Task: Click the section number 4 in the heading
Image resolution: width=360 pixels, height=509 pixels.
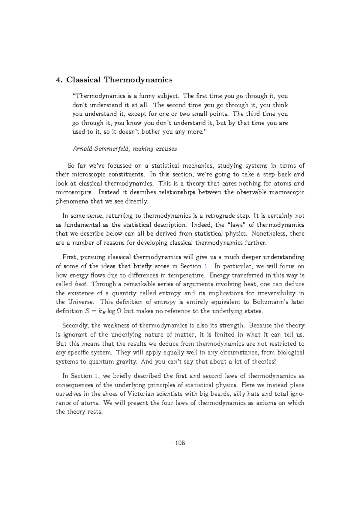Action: pos(58,80)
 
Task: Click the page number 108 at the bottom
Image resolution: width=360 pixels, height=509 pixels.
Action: pos(180,443)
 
